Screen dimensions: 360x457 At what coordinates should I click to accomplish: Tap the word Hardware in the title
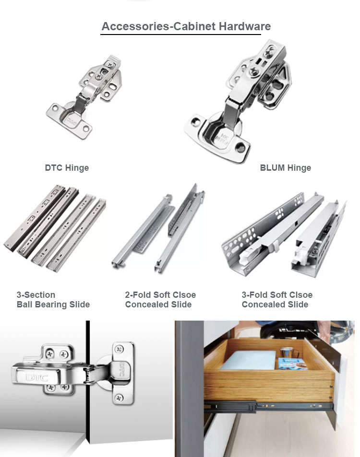(245, 26)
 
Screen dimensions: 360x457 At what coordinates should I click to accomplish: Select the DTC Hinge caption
(67, 168)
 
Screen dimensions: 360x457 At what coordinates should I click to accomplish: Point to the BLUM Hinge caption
(285, 168)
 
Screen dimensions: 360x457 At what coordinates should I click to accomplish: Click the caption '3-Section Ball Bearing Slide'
(53, 300)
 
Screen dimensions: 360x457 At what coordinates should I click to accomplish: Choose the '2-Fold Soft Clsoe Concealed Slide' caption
(160, 300)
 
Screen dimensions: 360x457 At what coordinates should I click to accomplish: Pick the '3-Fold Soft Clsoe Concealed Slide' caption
(277, 300)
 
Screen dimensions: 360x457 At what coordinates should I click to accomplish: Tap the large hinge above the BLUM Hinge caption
(238, 101)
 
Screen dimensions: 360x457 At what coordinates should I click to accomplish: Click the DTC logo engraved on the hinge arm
(37, 378)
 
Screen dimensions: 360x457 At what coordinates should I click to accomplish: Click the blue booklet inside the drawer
(293, 364)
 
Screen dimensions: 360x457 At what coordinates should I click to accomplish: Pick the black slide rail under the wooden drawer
(268, 405)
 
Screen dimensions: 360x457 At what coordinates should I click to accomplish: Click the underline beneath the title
(180, 35)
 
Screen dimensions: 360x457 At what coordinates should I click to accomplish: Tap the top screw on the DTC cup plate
(119, 349)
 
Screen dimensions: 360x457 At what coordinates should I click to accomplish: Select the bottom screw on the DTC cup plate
(119, 398)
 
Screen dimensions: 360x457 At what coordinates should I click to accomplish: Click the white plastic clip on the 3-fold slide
(300, 255)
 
